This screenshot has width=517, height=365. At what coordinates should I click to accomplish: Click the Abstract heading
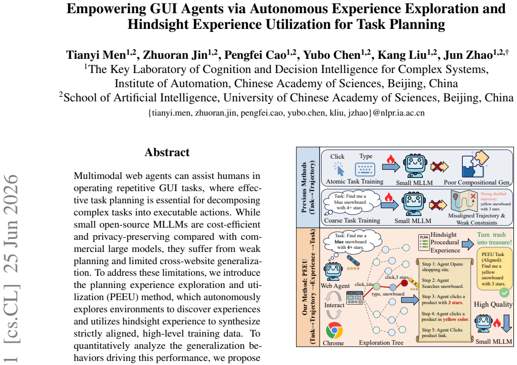(x=167, y=152)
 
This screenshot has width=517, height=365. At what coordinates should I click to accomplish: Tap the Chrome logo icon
(x=334, y=331)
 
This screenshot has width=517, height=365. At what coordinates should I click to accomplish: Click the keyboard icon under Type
(x=365, y=169)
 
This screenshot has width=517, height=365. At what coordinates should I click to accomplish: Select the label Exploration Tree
(x=381, y=343)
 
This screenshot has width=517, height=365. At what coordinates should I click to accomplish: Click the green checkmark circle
(x=504, y=293)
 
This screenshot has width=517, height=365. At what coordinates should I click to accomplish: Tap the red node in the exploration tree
(x=405, y=283)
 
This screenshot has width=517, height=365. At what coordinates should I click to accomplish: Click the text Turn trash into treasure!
(x=494, y=238)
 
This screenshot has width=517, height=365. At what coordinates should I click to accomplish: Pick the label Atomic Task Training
(x=355, y=181)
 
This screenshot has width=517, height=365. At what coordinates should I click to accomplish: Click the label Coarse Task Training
(x=352, y=221)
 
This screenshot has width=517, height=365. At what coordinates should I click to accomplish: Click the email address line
(x=287, y=113)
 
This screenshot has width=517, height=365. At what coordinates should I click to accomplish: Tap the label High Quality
(x=493, y=304)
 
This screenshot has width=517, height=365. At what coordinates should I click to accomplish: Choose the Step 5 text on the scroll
(x=442, y=333)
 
